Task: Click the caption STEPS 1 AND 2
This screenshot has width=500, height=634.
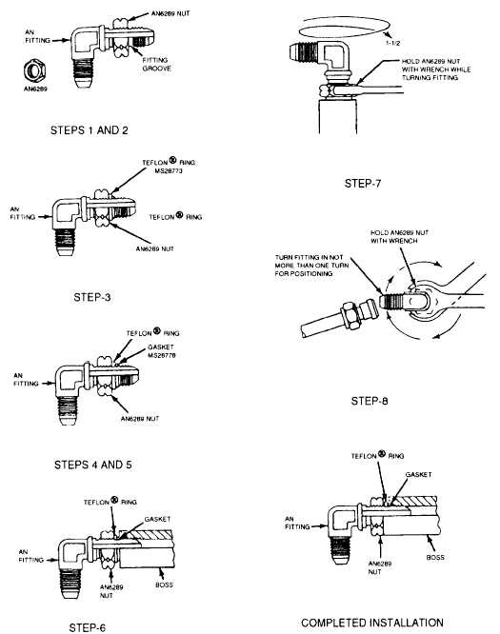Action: pyautogui.click(x=89, y=130)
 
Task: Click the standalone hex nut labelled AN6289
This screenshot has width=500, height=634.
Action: pyautogui.click(x=34, y=70)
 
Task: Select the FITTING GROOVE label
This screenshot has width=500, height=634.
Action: pyautogui.click(x=156, y=65)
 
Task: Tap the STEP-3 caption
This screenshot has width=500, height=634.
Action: pyautogui.click(x=92, y=297)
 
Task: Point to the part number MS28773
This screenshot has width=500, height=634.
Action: pyautogui.click(x=169, y=171)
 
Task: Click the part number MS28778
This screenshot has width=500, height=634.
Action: pyautogui.click(x=161, y=355)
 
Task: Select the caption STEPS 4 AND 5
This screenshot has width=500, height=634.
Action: pyautogui.click(x=93, y=465)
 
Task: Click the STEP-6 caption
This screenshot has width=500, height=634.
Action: pyautogui.click(x=88, y=627)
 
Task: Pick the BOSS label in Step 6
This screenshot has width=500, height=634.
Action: pyautogui.click(x=164, y=584)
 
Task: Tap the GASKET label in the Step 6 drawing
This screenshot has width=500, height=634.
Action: pyautogui.click(x=157, y=519)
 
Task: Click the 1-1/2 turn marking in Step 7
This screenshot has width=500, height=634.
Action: pyautogui.click(x=392, y=43)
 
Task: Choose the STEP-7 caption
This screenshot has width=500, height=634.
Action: pyautogui.click(x=363, y=183)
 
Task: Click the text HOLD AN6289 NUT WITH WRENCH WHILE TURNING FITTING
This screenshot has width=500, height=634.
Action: pyautogui.click(x=435, y=69)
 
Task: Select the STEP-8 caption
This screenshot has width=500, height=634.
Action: pyautogui.click(x=370, y=401)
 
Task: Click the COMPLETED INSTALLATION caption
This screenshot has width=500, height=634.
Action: pyautogui.click(x=372, y=623)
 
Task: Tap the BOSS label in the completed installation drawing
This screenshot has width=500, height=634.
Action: pyautogui.click(x=435, y=557)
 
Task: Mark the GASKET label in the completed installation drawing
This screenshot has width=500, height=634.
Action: pyautogui.click(x=419, y=474)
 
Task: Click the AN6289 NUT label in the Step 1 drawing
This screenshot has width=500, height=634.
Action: pyautogui.click(x=170, y=13)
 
